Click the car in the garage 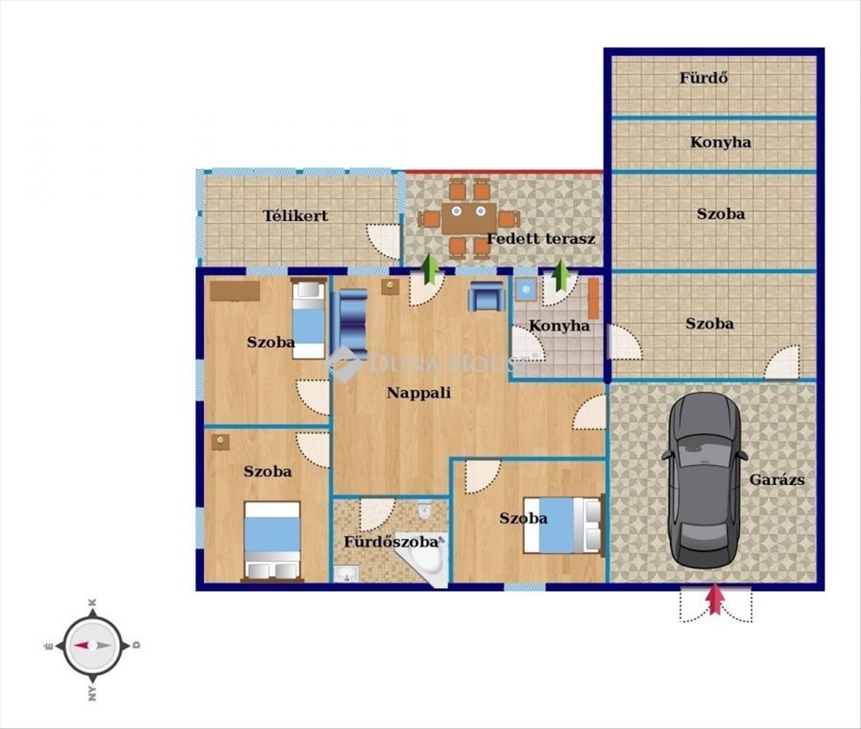704,480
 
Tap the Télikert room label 295,216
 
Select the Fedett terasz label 541,239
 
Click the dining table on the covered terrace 469,218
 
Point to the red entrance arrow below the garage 714,599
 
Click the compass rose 93,646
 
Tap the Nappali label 419,393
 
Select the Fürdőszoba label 391,542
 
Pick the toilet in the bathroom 425,510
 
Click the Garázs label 777,480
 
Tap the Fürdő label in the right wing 704,78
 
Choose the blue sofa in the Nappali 353,324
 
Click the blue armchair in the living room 486,297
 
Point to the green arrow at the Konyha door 561,276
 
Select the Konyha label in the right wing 720,142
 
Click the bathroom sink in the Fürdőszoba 346,574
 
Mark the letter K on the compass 93,603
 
